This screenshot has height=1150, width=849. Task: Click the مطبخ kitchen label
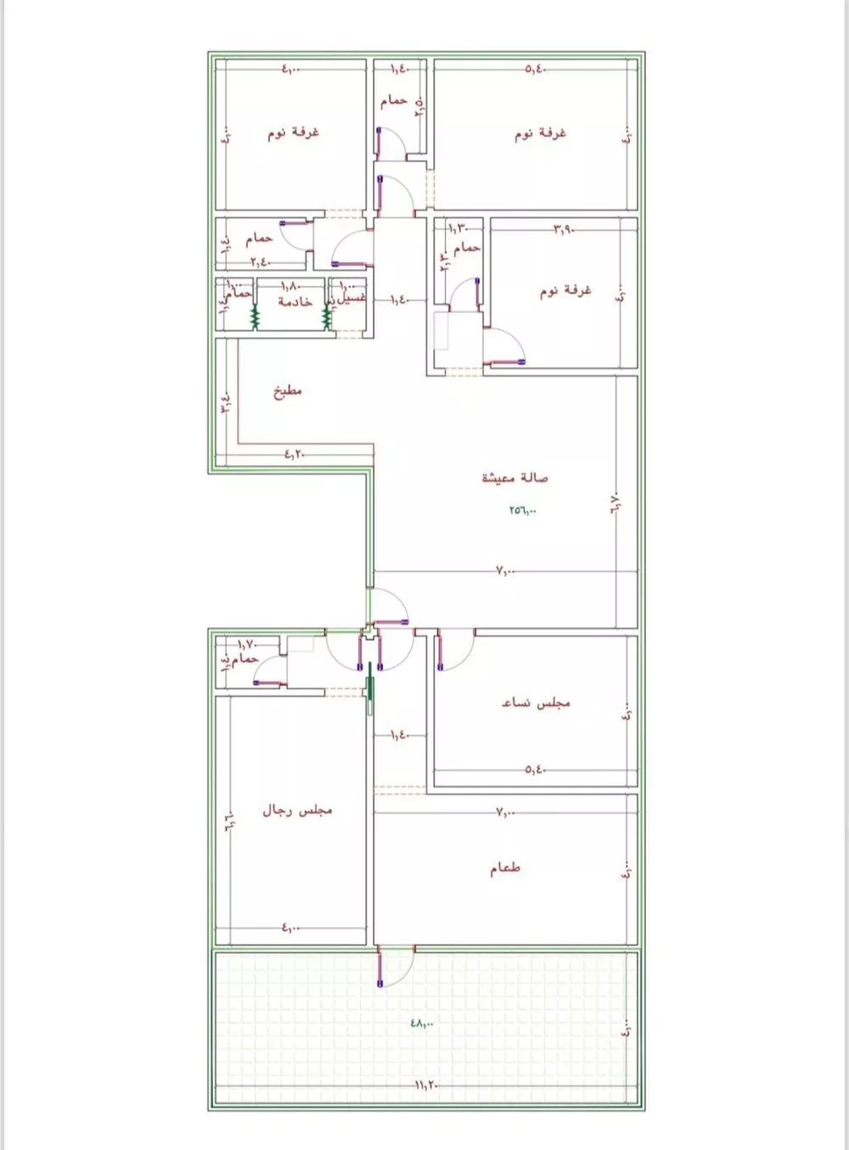coord(287,392)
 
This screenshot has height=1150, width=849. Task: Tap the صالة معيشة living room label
coord(514,478)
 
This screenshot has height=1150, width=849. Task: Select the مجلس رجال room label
coord(296,811)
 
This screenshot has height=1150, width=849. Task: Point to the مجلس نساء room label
coord(536,703)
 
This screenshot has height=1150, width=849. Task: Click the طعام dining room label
coord(504,869)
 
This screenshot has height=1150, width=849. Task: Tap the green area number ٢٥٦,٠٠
coord(523,511)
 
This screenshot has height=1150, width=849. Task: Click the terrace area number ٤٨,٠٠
coord(421,1024)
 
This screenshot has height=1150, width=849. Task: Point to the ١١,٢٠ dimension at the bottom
coord(425,1085)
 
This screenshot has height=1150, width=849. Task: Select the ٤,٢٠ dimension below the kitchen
coord(293,455)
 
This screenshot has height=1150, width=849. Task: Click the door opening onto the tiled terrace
coord(394,966)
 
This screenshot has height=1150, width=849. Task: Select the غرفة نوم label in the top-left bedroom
coord(293,133)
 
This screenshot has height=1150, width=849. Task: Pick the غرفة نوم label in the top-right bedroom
coord(540,134)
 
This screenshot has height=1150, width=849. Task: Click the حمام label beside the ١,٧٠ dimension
coord(246,659)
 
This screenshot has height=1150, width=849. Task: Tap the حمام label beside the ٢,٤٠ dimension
coord(259,240)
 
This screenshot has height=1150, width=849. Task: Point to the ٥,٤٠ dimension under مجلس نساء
coord(535,770)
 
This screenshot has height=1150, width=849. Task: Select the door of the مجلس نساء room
coord(453,649)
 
